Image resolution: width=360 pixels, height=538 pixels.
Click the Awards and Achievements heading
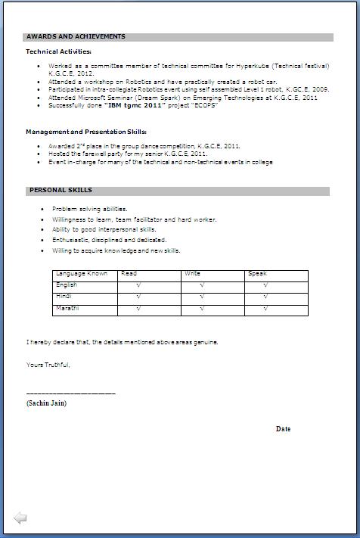pos(76,36)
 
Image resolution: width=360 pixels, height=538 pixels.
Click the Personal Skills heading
pos(61,191)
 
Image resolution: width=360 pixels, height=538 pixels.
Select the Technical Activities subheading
pos(58,51)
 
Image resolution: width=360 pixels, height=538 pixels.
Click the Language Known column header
pos(82,274)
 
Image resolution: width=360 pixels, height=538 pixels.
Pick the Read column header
pos(129,274)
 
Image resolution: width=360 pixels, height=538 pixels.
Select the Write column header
pos(192,274)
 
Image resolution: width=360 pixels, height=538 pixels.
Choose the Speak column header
pos(257,274)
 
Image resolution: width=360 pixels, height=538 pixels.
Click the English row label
pos(67,285)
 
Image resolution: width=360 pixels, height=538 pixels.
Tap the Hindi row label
pos(64,297)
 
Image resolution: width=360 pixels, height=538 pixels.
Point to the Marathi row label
pos(67,309)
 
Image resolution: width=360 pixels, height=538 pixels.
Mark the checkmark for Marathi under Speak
pos(266,309)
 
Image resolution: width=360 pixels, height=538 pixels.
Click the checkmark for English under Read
pos(138,286)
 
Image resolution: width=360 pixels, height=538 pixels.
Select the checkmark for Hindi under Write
pos(203,297)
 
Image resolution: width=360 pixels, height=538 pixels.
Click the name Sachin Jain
pos(47,403)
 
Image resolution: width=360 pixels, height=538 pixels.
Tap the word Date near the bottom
pos(283,429)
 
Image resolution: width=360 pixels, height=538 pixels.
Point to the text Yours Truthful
pos(48,365)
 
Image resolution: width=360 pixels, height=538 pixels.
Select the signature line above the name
pos(70,393)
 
